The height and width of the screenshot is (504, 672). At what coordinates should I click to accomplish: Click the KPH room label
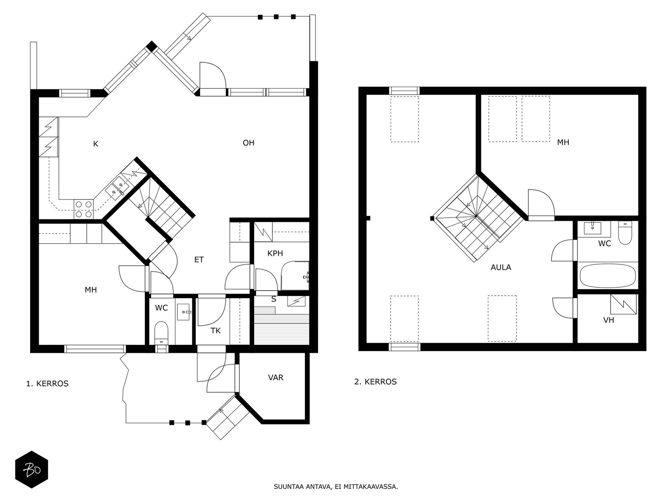(x=275, y=253)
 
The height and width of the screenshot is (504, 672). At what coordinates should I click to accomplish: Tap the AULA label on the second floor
(x=501, y=268)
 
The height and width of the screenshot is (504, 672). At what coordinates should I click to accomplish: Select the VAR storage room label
(x=276, y=378)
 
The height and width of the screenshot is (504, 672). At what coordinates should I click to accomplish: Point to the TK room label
(x=215, y=331)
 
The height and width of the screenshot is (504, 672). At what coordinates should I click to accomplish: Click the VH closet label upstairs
(x=609, y=320)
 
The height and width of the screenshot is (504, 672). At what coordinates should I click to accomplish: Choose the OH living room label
(x=249, y=143)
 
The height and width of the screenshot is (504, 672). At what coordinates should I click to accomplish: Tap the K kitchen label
(x=96, y=144)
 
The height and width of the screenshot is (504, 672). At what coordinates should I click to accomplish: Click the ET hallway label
(x=199, y=260)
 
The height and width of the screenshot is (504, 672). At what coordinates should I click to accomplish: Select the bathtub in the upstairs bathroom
(x=608, y=276)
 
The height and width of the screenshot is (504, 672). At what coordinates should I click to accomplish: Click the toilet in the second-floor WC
(x=625, y=233)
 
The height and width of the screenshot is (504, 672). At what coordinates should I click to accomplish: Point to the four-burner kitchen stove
(x=84, y=209)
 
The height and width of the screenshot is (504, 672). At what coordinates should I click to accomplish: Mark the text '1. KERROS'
(x=47, y=384)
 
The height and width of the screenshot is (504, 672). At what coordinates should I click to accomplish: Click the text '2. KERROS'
(x=375, y=382)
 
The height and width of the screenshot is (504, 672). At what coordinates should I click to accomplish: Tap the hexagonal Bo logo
(x=32, y=470)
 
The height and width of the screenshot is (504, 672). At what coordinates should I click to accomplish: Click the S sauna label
(x=274, y=299)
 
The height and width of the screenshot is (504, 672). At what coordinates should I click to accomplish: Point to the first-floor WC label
(x=161, y=308)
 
